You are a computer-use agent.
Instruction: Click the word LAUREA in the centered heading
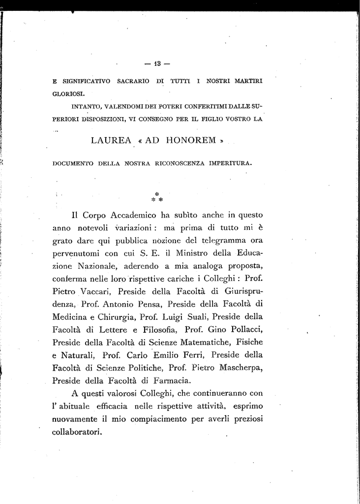(x=112, y=141)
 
